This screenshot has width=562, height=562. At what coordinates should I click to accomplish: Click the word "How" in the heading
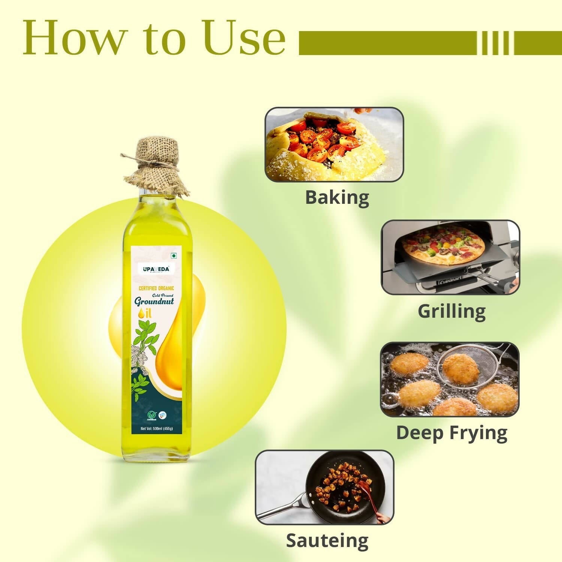pyautogui.click(x=73, y=37)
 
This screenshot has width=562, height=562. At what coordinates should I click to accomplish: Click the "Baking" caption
pyautogui.click(x=337, y=197)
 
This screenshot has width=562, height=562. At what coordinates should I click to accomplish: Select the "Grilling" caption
pyautogui.click(x=451, y=311)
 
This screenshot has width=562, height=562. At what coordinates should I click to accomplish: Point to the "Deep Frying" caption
pyautogui.click(x=451, y=433)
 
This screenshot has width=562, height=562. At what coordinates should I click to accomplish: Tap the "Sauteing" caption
pyautogui.click(x=327, y=541)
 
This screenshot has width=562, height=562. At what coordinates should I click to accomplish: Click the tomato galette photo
pyautogui.click(x=333, y=145)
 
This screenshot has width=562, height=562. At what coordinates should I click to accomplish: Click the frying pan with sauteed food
pyautogui.click(x=345, y=487)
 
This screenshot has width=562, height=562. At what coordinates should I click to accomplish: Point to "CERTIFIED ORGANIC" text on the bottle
pyautogui.click(x=156, y=288)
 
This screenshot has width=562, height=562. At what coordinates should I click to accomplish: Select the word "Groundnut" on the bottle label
pyautogui.click(x=154, y=302)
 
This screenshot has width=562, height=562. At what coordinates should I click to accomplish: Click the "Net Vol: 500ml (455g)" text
pyautogui.click(x=157, y=429)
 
